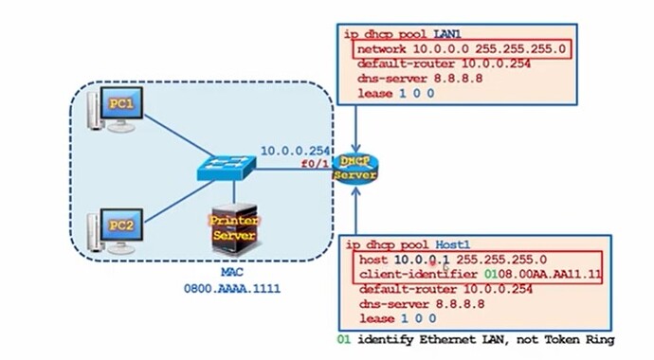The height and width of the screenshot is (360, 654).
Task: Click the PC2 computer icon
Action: [111, 230]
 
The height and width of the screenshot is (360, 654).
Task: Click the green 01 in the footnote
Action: [343, 340]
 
